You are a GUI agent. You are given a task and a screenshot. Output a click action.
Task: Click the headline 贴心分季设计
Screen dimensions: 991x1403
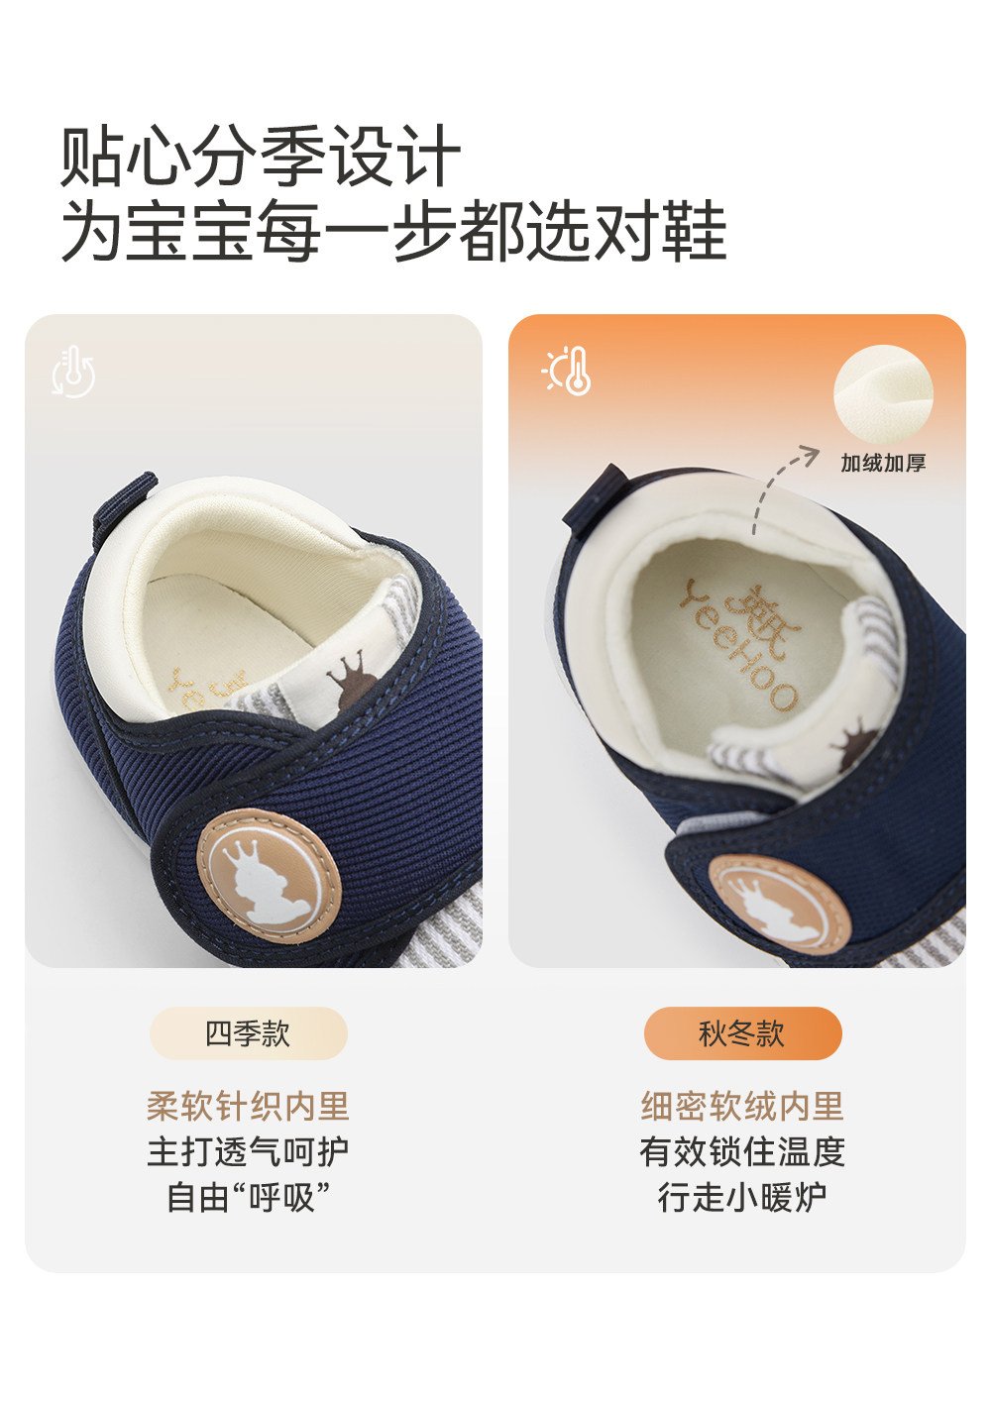262,155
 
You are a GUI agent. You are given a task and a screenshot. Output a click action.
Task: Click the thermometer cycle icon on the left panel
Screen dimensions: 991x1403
73,372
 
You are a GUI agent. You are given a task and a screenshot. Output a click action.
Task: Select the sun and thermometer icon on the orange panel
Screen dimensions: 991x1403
566,371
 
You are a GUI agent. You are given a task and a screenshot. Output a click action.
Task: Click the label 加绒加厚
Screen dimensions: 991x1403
883,463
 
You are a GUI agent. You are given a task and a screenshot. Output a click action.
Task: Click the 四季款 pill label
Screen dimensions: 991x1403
248,1033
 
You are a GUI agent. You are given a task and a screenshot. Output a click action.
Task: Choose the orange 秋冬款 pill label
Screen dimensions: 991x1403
742,1033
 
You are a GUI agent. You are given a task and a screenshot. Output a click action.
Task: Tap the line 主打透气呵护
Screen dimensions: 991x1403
248,1151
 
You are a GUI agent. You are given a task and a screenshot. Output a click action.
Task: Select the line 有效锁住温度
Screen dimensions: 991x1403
742,1151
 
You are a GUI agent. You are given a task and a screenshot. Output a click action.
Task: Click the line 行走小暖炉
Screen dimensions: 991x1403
742,1197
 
